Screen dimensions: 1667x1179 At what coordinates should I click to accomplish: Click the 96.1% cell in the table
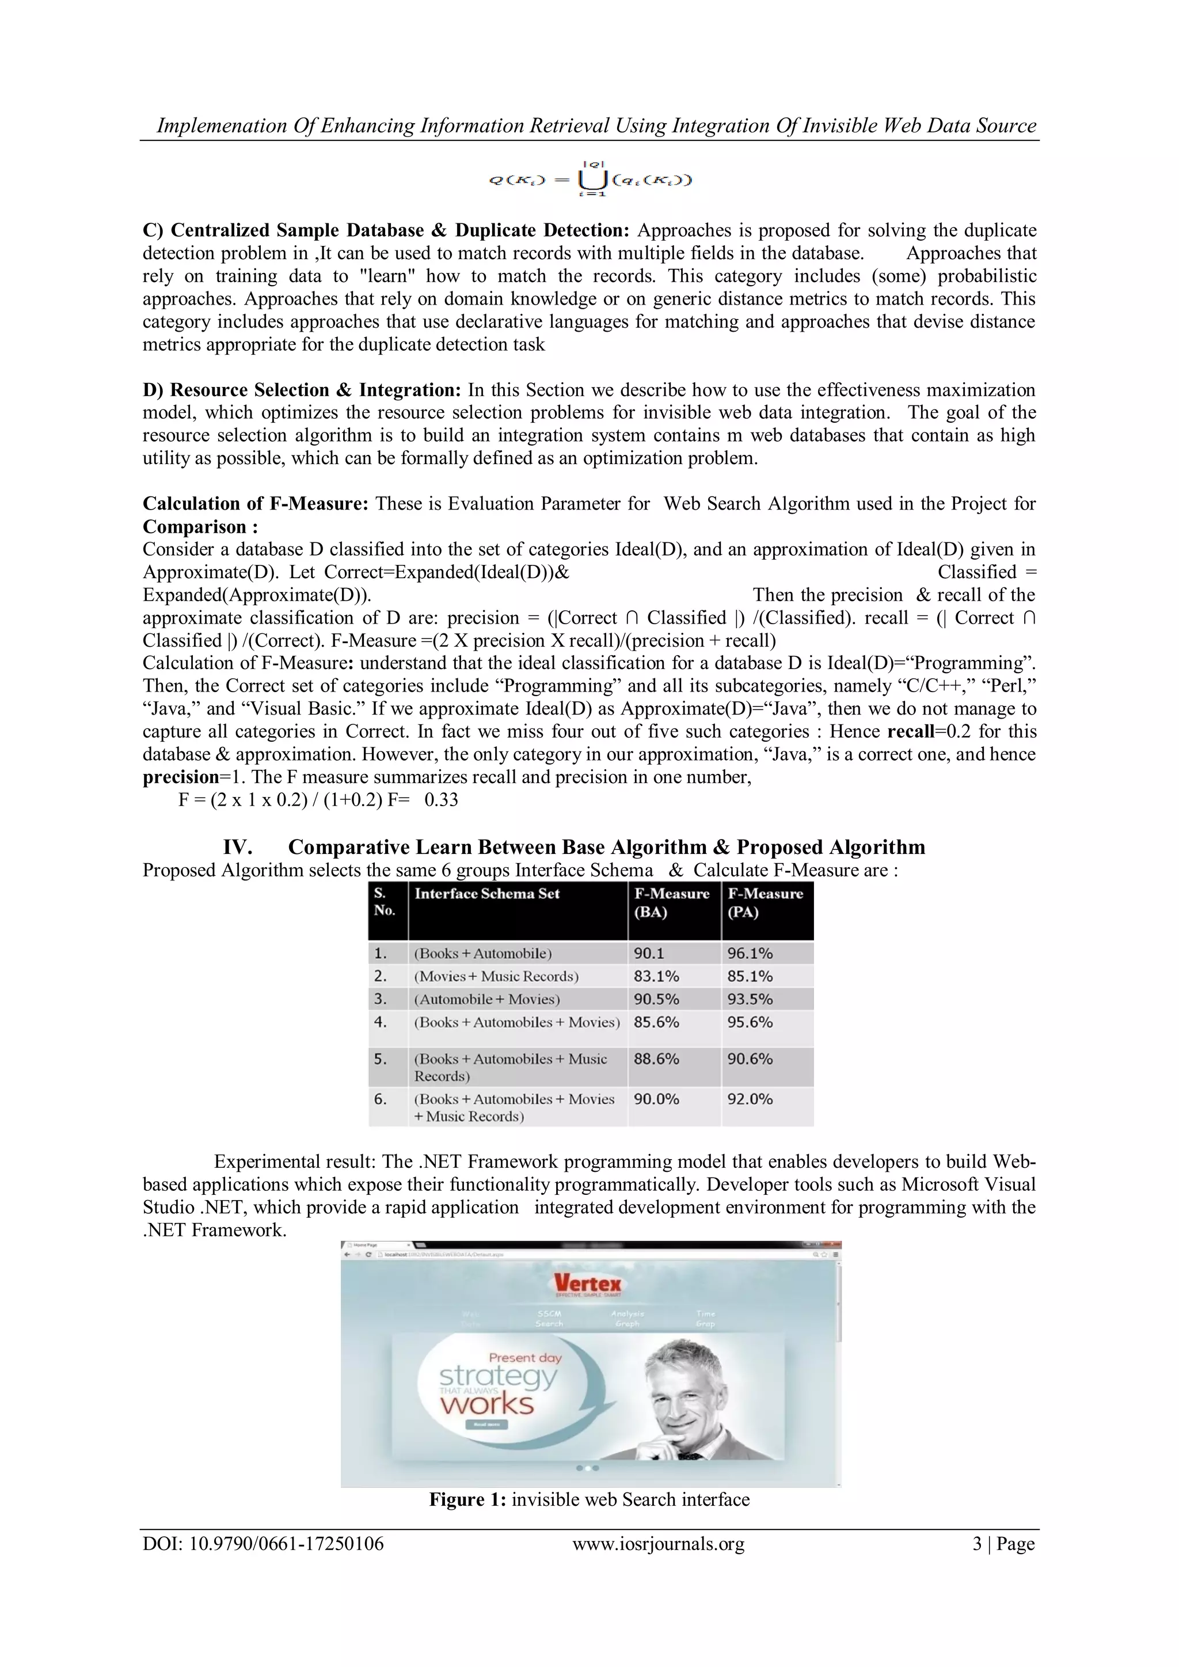[x=750, y=954]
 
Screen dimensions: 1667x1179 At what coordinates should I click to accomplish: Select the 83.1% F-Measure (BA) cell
[x=656, y=977]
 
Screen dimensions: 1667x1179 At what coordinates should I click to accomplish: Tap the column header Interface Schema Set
[x=487, y=894]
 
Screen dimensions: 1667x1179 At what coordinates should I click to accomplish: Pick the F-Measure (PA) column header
[x=765, y=902]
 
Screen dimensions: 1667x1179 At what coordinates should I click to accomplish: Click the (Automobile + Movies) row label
[x=487, y=1000]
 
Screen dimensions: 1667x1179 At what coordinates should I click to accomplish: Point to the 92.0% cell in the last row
[x=750, y=1099]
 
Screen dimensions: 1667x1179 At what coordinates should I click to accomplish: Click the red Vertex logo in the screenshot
[x=587, y=1284]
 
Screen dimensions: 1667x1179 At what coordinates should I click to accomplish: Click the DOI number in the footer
[x=263, y=1544]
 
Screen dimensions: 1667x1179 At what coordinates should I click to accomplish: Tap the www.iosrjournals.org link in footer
[x=659, y=1544]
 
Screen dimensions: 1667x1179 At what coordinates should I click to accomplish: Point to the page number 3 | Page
[x=1003, y=1544]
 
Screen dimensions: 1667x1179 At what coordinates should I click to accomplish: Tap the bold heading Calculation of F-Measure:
[x=256, y=504]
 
